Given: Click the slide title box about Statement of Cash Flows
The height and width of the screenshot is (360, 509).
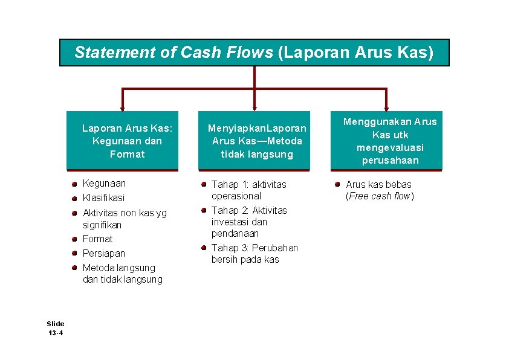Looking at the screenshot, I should [254, 53].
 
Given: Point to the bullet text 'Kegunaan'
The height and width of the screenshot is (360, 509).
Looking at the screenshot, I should [104, 183].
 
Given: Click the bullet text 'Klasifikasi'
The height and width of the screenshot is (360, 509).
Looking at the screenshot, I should [103, 198].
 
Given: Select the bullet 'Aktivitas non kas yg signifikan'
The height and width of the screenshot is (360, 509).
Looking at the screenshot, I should [124, 218].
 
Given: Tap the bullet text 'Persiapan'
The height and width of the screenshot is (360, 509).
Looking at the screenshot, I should [103, 253].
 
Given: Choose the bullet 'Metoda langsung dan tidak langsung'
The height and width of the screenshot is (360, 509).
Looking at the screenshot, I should [122, 274].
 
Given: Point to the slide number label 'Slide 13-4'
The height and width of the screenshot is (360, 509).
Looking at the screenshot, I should [56, 328].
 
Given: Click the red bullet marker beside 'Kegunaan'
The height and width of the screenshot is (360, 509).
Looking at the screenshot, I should [73, 183].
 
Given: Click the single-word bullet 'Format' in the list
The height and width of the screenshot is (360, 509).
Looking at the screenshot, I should [97, 239].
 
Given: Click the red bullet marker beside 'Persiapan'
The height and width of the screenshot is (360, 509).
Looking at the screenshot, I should [73, 253].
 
